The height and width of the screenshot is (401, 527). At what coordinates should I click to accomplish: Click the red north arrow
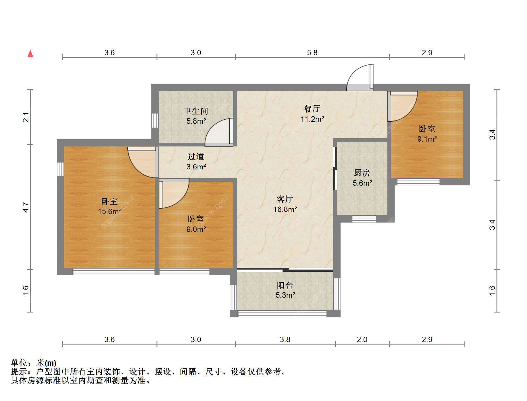click(30, 54)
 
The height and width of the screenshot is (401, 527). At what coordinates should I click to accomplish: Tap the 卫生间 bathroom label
click(196, 111)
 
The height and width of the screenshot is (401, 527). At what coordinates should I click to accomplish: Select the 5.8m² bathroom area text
click(196, 121)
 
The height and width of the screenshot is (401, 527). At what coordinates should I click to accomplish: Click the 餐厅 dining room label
click(312, 109)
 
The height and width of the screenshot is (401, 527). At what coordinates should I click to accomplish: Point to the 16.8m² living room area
click(285, 209)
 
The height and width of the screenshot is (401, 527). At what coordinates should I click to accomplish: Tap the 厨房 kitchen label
click(362, 173)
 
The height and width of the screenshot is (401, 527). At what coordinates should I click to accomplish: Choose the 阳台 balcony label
click(285, 285)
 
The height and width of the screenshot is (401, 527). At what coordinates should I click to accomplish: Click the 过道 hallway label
click(196, 156)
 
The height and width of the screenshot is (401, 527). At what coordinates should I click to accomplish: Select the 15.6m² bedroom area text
click(109, 211)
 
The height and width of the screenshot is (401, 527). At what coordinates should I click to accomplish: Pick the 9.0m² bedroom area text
click(196, 229)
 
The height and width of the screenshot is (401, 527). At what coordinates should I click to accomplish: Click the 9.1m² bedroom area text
click(427, 139)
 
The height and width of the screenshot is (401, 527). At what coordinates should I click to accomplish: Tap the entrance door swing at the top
click(360, 77)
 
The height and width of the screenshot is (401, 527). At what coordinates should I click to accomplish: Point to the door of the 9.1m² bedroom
click(403, 106)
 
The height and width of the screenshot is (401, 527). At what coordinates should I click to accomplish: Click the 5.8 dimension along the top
click(312, 53)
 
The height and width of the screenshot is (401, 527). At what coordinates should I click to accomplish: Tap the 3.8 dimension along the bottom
click(285, 339)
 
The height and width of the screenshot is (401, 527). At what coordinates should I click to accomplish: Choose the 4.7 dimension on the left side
click(26, 207)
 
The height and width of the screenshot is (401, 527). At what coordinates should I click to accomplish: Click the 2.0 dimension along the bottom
click(362, 339)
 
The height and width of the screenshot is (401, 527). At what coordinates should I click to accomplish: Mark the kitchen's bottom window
click(364, 219)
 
